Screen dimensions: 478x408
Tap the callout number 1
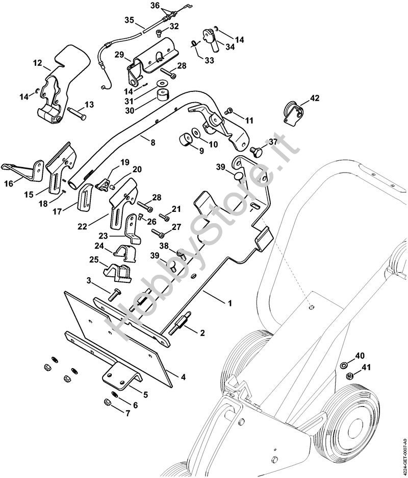click(229, 303)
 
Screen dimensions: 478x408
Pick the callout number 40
click(360, 355)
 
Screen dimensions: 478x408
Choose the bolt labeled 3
click(114, 294)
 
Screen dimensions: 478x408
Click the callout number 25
click(94, 260)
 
